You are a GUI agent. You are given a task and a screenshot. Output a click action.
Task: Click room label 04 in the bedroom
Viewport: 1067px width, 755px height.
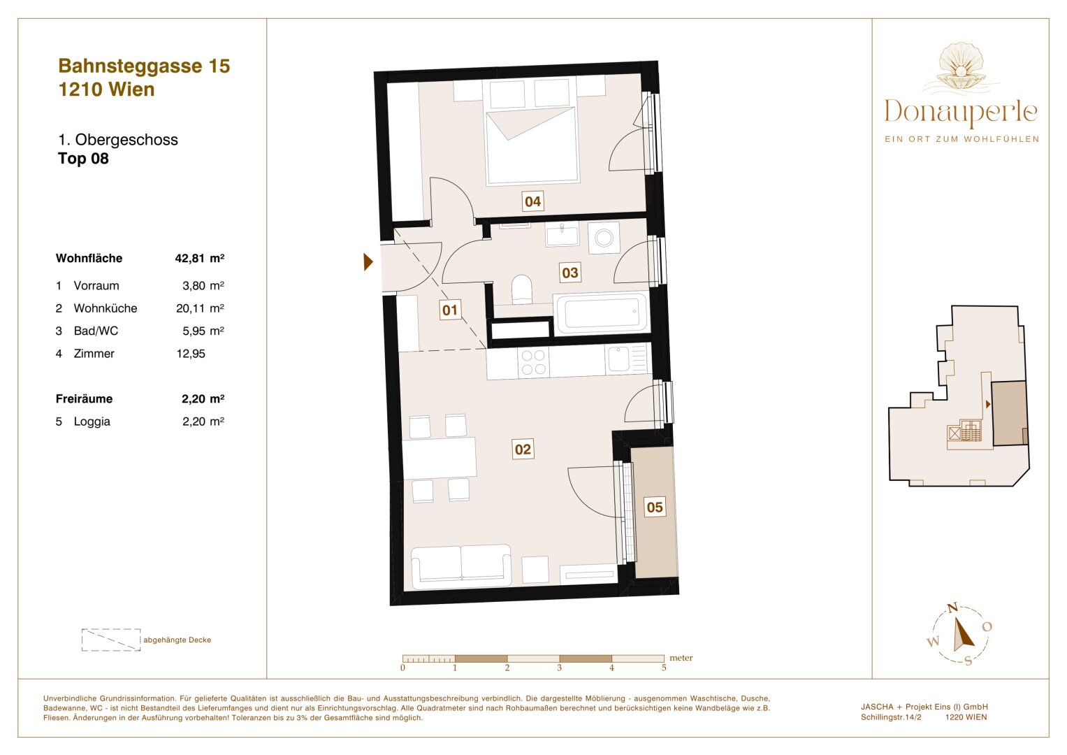[532, 202]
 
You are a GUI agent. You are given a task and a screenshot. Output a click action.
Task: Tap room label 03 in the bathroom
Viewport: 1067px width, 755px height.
[570, 273]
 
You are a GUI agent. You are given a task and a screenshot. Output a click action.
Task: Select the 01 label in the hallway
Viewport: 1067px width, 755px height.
[450, 310]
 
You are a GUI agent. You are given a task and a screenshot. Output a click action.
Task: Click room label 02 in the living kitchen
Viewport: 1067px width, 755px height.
[523, 450]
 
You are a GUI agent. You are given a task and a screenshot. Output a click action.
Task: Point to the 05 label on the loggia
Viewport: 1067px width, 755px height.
[655, 508]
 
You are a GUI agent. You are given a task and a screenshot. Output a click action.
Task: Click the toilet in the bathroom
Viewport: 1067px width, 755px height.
[522, 289]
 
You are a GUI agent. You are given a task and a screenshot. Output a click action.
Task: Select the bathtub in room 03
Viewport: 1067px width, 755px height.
[602, 312]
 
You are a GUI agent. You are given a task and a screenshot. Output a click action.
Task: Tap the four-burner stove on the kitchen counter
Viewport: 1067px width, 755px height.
[533, 362]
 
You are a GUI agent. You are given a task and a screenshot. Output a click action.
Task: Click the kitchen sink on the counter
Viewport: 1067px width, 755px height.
[619, 359]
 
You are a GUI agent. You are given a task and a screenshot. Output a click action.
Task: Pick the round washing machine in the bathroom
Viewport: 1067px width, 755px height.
[604, 238]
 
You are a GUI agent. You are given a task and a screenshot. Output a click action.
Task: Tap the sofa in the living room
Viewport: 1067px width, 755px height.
[461, 566]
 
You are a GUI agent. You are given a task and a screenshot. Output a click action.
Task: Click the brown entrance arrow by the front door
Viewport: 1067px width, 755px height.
[368, 262]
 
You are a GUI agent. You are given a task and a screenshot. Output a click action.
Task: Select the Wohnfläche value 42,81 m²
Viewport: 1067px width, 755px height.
[199, 258]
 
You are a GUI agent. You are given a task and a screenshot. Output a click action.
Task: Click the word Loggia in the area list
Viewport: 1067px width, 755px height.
[92, 422]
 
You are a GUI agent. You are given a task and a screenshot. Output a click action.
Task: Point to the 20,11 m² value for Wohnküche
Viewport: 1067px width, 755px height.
[199, 308]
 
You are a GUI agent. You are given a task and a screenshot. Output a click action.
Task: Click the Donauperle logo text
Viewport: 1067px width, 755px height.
[961, 113]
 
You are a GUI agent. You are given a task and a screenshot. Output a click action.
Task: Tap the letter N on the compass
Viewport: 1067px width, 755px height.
[952, 608]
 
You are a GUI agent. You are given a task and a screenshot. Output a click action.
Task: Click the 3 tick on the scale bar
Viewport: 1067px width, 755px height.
[559, 668]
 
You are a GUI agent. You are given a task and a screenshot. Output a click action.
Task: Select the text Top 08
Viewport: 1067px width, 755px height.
[83, 159]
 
